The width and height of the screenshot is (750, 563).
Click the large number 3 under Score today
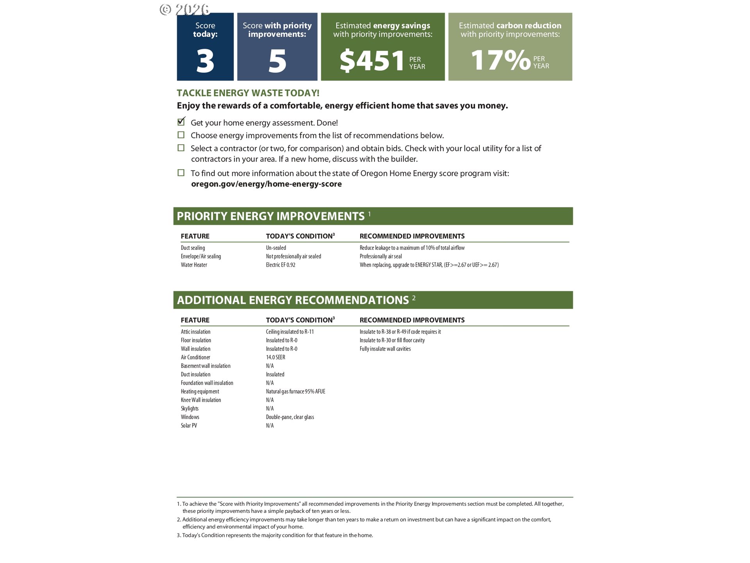click(205, 61)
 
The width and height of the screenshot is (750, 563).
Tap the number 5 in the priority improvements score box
click(277, 61)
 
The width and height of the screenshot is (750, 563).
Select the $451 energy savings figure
click(372, 61)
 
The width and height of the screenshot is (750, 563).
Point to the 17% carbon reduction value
click(500, 60)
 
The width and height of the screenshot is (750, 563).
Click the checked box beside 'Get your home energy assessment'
click(181, 122)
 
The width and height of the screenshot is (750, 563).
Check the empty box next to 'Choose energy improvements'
click(181, 135)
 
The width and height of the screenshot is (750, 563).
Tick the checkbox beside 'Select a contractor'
click(181, 148)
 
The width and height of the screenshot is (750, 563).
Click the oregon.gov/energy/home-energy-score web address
click(266, 184)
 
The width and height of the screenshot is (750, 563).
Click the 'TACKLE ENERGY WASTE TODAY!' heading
click(248, 93)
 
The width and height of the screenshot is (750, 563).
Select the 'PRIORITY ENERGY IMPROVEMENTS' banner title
click(270, 216)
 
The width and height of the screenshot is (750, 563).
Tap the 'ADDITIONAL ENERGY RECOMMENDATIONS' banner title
click(293, 300)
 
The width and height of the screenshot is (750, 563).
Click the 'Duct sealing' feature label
click(193, 248)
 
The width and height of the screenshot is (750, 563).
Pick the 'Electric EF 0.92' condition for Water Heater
click(280, 265)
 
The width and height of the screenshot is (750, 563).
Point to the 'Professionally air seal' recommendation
click(380, 256)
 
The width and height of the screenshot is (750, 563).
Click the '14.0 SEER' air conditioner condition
click(275, 357)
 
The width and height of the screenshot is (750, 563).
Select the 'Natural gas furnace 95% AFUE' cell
click(295, 391)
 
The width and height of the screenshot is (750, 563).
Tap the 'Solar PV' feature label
click(189, 426)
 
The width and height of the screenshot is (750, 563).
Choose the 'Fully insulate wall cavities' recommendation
click(385, 349)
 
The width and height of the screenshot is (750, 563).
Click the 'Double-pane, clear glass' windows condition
click(290, 417)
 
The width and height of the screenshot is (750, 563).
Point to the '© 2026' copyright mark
click(184, 9)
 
